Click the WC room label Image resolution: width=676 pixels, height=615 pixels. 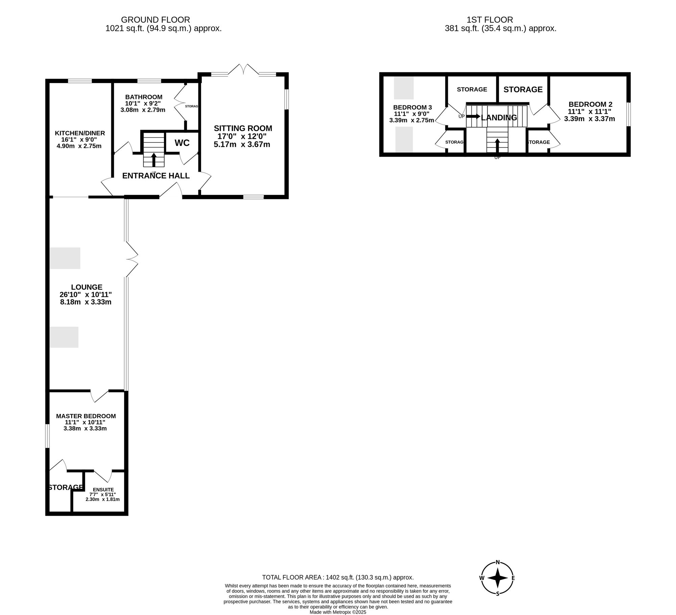pos(182,143)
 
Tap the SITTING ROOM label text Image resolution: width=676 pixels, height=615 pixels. pos(243,128)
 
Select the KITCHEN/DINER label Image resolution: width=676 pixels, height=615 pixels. pos(80,133)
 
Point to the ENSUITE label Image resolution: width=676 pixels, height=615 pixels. pos(104,489)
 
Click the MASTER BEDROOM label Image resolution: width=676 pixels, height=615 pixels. pos(86,416)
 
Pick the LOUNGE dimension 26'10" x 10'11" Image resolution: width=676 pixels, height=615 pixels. pos(86,294)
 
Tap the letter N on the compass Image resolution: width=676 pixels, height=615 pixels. pos(498,562)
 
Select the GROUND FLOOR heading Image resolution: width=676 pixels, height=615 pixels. pos(155,20)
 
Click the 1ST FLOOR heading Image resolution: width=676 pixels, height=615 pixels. pos(490,20)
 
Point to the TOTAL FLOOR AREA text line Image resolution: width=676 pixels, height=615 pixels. pos(338,578)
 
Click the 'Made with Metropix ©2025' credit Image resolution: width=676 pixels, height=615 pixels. pos(338,612)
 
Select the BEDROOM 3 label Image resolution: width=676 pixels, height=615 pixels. pos(412,107)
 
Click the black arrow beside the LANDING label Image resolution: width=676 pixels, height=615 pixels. pos(473,116)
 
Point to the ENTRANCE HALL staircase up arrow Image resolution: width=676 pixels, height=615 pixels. pos(154,160)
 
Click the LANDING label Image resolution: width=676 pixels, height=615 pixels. pos(499,118)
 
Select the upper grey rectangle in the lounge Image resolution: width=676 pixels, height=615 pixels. pos(65,258)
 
